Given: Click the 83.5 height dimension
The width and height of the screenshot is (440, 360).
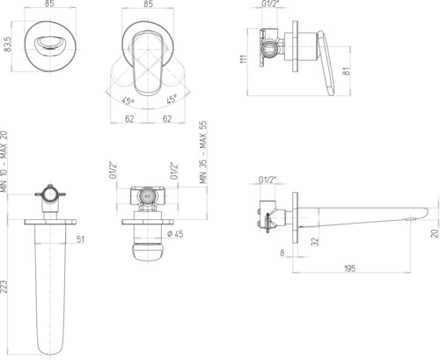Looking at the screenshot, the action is click(x=8, y=45).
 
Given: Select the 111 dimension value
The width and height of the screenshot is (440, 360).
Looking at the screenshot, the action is click(x=244, y=59).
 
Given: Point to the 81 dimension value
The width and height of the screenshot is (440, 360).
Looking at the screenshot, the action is click(x=347, y=71).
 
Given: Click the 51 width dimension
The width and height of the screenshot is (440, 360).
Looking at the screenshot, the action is click(x=80, y=239).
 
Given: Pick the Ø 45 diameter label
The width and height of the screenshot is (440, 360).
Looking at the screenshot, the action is click(x=175, y=234).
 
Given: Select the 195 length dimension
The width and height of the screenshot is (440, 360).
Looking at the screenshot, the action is click(x=349, y=268).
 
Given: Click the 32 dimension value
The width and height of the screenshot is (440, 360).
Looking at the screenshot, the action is click(x=315, y=241).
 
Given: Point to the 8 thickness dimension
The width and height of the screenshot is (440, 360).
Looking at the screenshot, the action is click(x=282, y=253).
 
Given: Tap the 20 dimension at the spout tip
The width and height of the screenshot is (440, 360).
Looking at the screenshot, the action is click(x=436, y=233).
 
